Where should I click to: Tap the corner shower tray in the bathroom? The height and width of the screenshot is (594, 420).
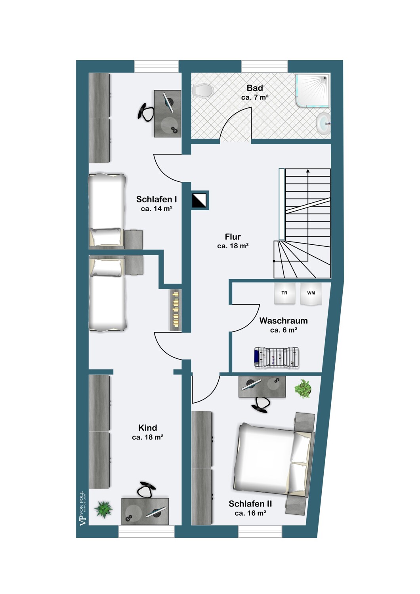coord(313,91)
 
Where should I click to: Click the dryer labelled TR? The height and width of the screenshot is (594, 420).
coord(284,293)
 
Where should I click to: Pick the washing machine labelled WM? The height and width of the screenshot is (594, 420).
coord(311,293)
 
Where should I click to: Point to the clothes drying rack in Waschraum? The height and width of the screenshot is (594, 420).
coord(277,357)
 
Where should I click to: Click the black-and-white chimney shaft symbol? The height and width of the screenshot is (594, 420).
coord(199,200)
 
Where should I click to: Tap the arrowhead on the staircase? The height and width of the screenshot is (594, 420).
coord(308,171)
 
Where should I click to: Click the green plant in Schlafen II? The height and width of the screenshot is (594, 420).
coord(303,389)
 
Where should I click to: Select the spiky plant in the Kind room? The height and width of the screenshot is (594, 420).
coord(103,509)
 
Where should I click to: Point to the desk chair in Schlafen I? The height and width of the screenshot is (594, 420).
coord(146,112)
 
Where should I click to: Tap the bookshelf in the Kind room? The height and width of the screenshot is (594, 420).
coord(176,310)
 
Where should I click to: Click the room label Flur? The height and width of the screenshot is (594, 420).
coord(233,236)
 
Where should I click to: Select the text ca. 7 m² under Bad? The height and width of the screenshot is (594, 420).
coord(255,97)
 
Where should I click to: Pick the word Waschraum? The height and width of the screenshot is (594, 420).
coord(283,321)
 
